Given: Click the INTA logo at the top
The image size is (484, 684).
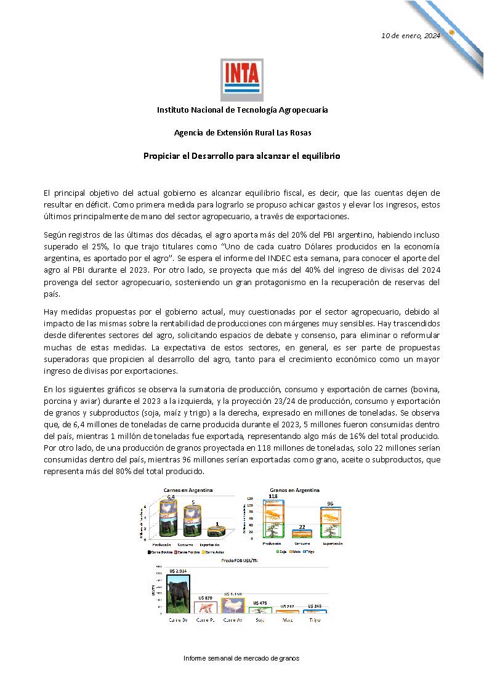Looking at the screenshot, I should coord(242,79).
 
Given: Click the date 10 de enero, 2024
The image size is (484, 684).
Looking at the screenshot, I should coord(411,36).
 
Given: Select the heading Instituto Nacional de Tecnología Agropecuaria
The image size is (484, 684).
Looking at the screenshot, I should coord(242,110).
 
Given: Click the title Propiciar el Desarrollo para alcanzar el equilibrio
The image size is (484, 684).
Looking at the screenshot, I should coord(242,156).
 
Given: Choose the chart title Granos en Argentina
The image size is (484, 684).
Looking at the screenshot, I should coord(294,490).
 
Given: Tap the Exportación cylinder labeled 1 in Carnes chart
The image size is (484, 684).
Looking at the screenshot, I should coord(217,531).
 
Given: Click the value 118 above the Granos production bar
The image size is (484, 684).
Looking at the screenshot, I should coord(273,496).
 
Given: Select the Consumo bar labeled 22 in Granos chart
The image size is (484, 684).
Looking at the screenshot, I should coord(302,533).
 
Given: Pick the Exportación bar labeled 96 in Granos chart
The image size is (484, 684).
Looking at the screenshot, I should coord(331,522).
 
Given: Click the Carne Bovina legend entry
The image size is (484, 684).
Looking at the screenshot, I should coord(156,552).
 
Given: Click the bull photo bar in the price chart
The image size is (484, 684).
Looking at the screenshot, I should coord(178,593).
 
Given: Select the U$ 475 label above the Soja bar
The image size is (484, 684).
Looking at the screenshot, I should coord(260,603).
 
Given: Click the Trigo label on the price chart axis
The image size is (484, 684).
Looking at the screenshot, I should coord(315,620).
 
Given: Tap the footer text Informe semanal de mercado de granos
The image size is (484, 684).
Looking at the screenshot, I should coord(241,658).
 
